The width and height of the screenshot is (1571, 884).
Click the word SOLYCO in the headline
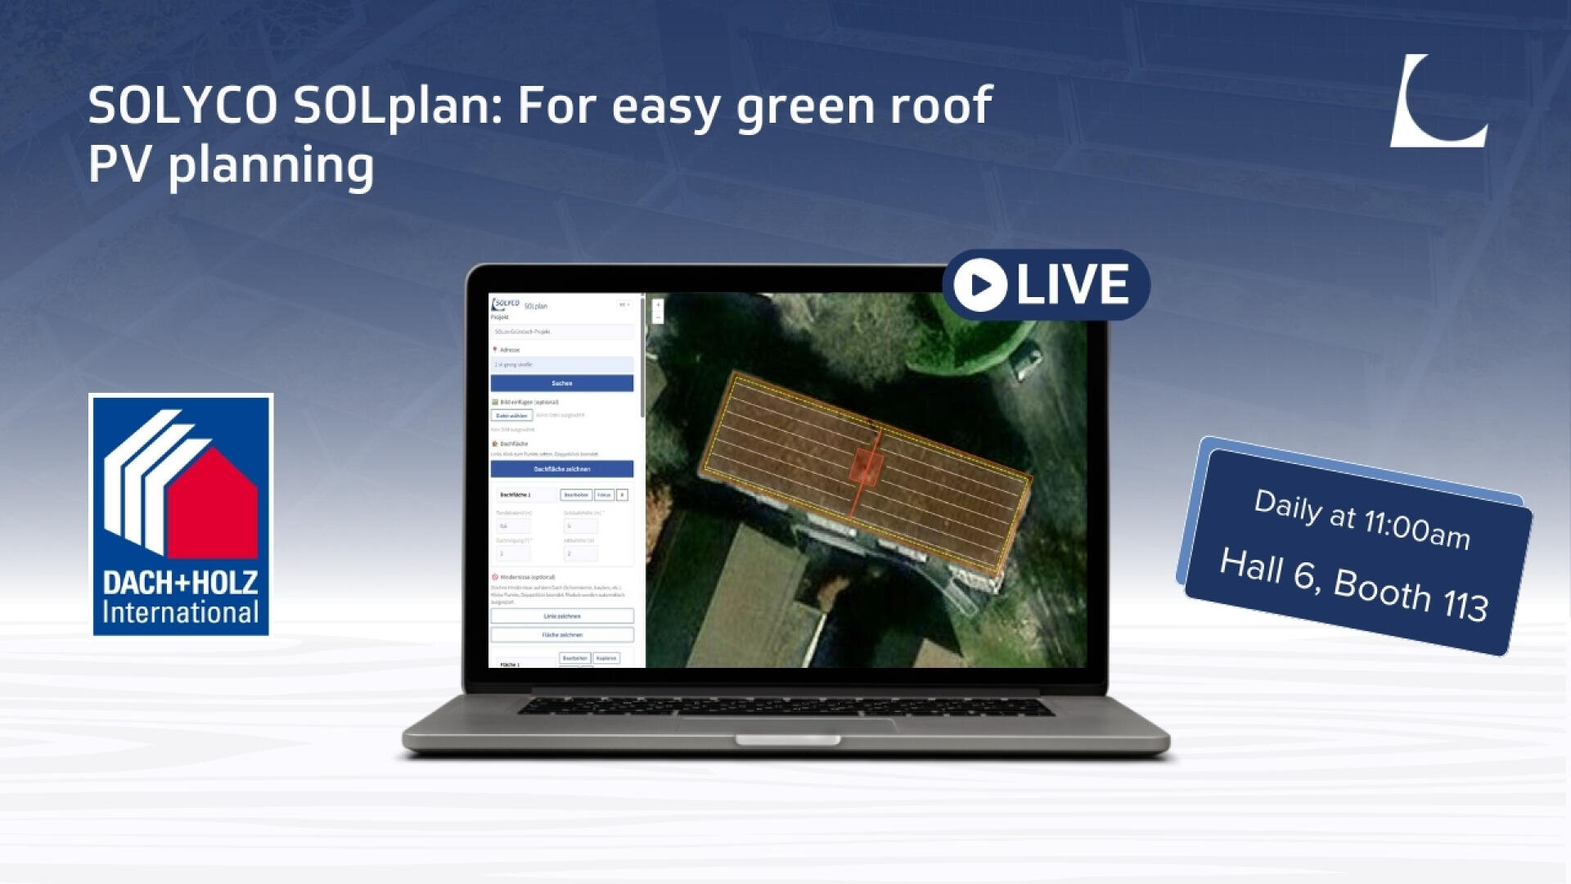coord(182,106)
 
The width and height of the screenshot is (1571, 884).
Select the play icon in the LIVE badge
coord(979,285)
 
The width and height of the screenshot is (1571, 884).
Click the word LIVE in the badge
coord(1072,285)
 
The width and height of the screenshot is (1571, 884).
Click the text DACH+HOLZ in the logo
coord(180,583)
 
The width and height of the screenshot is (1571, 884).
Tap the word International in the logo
coord(180,613)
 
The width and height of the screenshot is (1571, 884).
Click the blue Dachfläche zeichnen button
coord(561,469)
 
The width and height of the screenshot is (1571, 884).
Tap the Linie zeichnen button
coord(561,616)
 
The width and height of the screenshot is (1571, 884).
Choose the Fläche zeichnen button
coord(561,634)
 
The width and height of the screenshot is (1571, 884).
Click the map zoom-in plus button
coord(657,305)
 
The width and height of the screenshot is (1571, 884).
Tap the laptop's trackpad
coord(785,724)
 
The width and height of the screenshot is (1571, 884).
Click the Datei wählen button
coord(511,416)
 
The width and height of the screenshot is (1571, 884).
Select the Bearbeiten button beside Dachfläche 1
coord(576,495)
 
